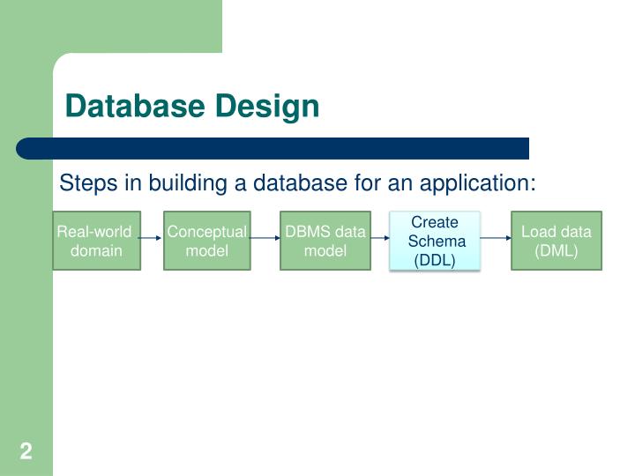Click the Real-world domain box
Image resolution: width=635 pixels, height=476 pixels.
pyautogui.click(x=96, y=241)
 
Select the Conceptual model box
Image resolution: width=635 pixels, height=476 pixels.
pyautogui.click(x=207, y=241)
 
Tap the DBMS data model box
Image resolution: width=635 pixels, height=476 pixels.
pyautogui.click(x=325, y=241)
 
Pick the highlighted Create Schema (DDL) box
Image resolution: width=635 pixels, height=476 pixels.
pyautogui.click(x=436, y=241)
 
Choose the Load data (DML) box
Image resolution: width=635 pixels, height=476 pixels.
pyautogui.click(x=557, y=241)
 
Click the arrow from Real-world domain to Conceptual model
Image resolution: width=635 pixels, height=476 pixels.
pyautogui.click(x=152, y=238)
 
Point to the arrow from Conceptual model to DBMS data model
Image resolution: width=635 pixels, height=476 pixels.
pyautogui.click(x=265, y=238)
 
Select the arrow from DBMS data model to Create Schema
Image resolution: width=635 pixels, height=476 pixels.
pyautogui.click(x=379, y=238)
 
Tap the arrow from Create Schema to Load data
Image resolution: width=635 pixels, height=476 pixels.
pyautogui.click(x=496, y=238)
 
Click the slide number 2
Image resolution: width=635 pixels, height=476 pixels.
pyautogui.click(x=26, y=452)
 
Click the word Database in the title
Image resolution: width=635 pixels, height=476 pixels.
pyautogui.click(x=134, y=107)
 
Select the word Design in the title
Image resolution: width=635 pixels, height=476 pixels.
pyautogui.click(x=265, y=107)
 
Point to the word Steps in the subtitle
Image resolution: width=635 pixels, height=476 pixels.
pyautogui.click(x=84, y=183)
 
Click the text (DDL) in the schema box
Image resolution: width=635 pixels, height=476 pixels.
pyautogui.click(x=435, y=260)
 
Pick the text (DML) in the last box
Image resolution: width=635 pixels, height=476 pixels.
pyautogui.click(x=557, y=250)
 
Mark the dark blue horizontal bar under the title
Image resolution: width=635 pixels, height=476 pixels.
pyautogui.click(x=273, y=148)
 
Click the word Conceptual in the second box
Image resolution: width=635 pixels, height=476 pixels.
pyautogui.click(x=207, y=232)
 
